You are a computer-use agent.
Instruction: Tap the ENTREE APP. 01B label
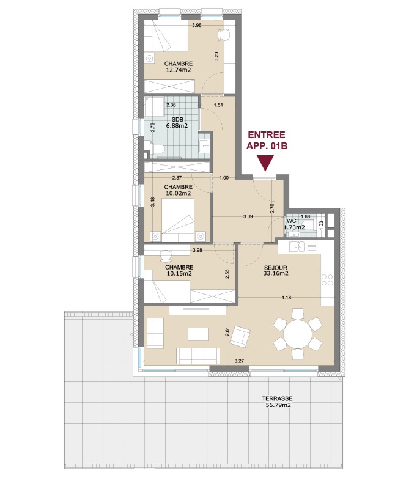(267, 140)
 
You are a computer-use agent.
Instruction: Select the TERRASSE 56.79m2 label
(277, 402)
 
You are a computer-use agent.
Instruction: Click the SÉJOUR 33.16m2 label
(276, 270)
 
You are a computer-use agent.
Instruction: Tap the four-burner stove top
(327, 279)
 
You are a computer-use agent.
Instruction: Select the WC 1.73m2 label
(294, 224)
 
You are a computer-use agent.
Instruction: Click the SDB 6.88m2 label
(177, 122)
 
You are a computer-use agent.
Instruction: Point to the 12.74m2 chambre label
(179, 67)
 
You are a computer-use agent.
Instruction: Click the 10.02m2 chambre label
(179, 190)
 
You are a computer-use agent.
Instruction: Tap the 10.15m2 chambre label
(179, 270)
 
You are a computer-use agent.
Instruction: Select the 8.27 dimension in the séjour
(239, 361)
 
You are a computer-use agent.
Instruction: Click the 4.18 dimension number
(286, 297)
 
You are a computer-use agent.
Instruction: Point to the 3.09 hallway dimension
(248, 216)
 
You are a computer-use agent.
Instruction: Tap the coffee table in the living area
(198, 334)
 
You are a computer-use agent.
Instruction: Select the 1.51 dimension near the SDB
(218, 105)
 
